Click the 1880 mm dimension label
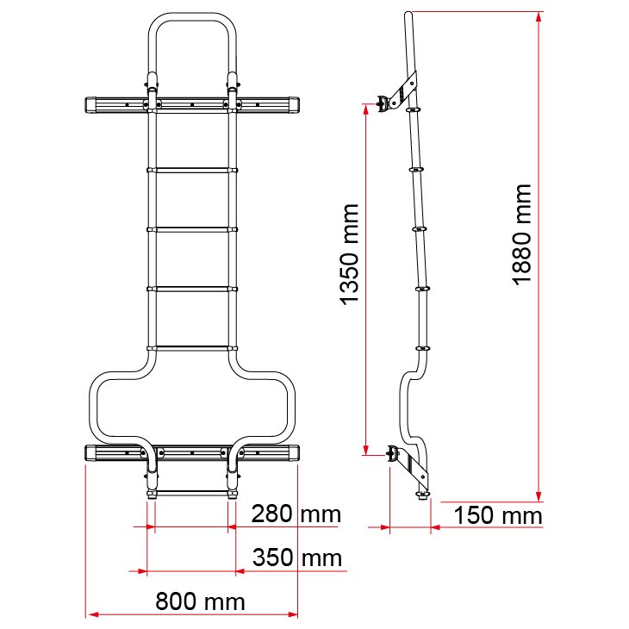pos(522,234)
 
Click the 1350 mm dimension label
pos(350,254)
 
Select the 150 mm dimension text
pos(498,515)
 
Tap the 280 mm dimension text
pos(296,514)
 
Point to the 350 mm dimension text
pos(297,557)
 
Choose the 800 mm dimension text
pos(200,601)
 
